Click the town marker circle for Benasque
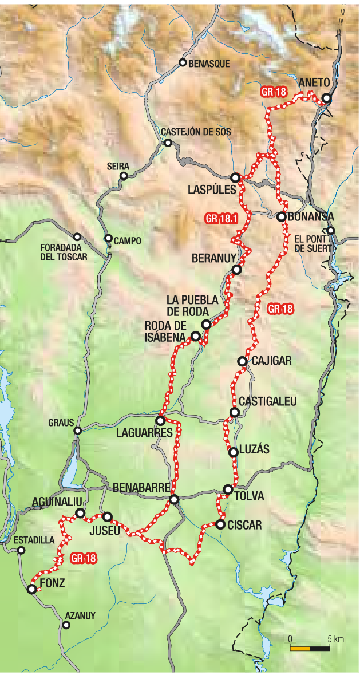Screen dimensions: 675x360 (x=183, y=63)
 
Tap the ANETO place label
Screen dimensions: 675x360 (x=313, y=85)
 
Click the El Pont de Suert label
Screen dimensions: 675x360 (x=310, y=243)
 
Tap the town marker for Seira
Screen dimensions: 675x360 (x=122, y=177)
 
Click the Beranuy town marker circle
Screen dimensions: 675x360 (x=236, y=270)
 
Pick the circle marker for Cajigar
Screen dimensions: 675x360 (x=242, y=361)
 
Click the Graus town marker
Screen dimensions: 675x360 (x=78, y=431)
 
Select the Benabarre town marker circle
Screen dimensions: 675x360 (x=174, y=500)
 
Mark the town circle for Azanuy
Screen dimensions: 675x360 (x=66, y=626)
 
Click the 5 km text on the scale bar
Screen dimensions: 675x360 (x=335, y=638)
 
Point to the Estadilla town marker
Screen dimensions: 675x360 (x=21, y=550)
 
